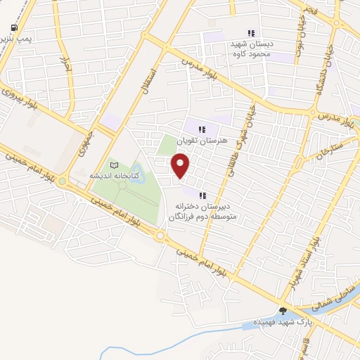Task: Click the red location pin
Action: coord(181,165)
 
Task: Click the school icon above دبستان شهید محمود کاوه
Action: coord(251,32)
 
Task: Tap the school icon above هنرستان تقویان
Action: coord(202,129)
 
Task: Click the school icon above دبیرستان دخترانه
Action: coord(202,195)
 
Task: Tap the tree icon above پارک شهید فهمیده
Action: coord(283,310)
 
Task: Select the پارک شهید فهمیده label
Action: coord(284,321)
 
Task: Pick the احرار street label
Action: coord(65,66)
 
